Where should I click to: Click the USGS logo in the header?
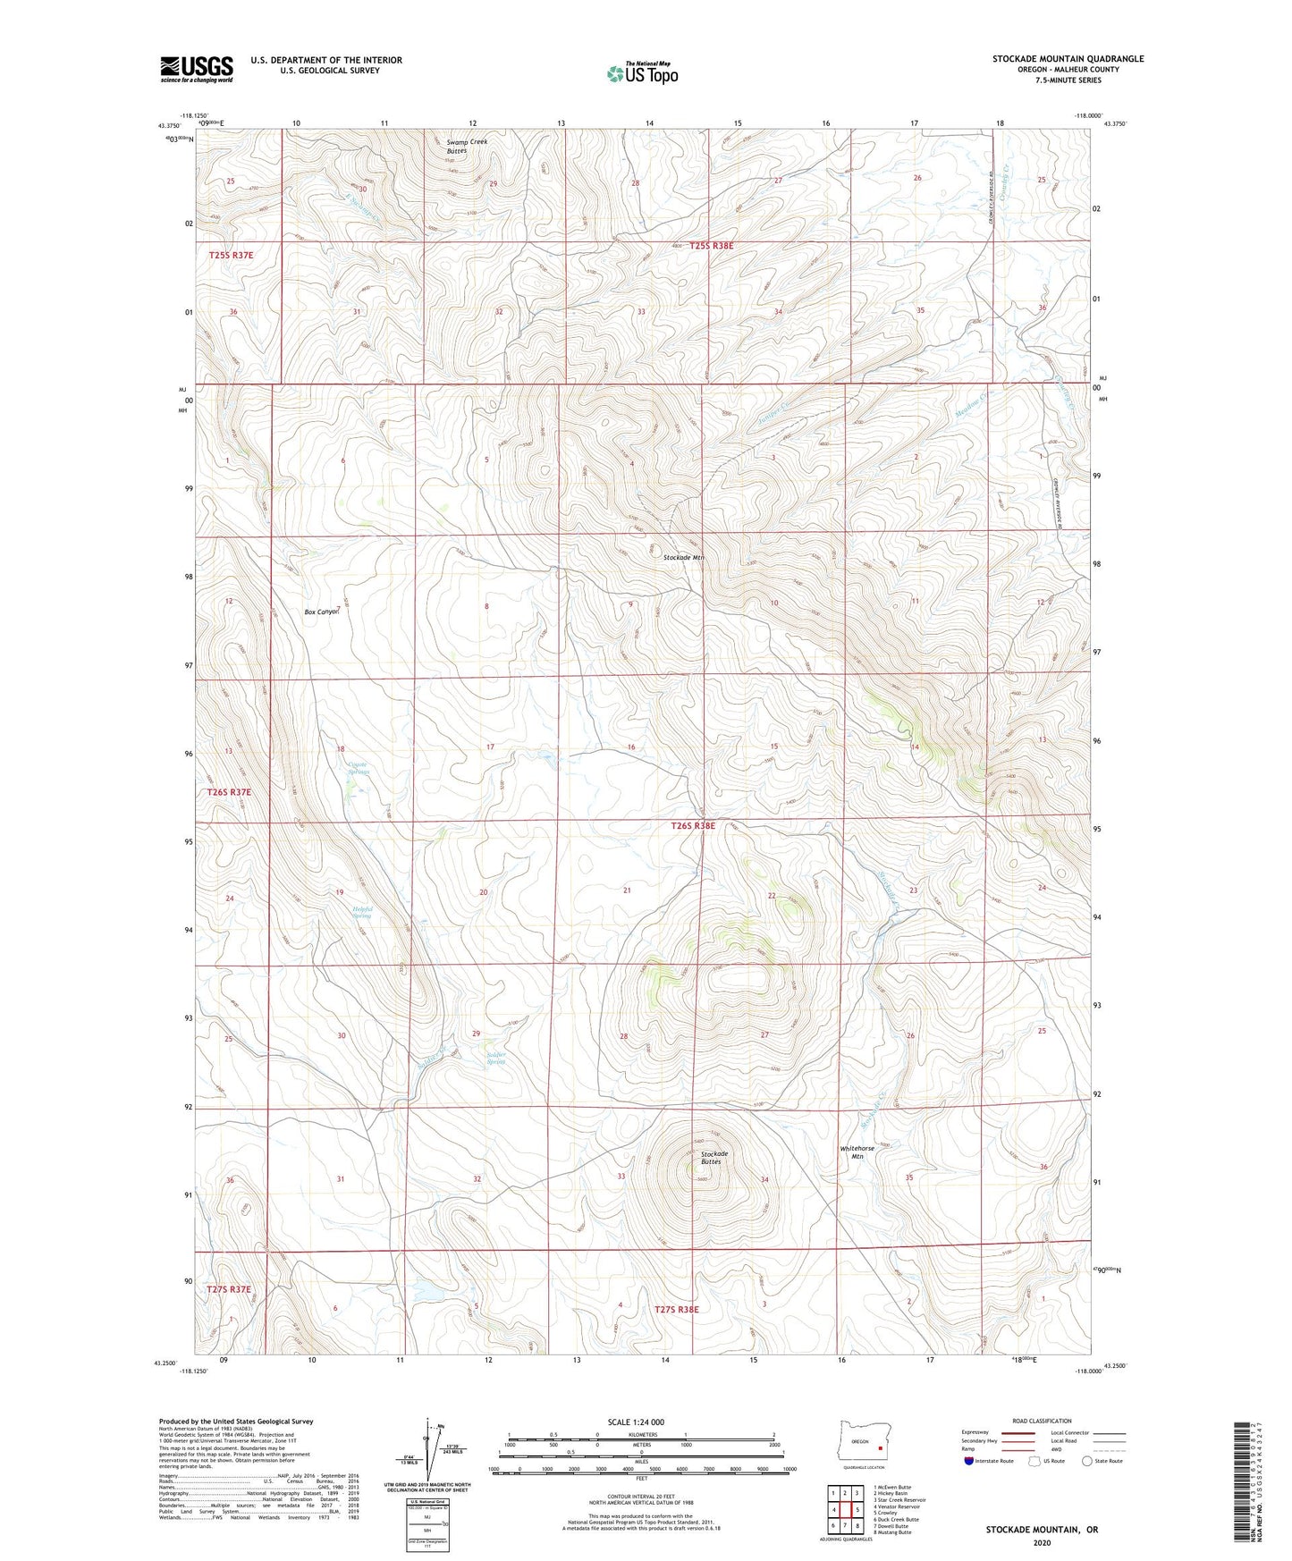point(197,69)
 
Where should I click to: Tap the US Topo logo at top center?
point(642,72)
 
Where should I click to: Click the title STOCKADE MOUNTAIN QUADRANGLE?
point(1068,59)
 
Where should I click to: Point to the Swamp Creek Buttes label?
point(467,147)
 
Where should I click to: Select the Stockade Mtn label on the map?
point(684,557)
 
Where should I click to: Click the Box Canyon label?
point(322,612)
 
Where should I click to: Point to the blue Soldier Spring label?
point(496,1059)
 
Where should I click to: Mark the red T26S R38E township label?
point(693,826)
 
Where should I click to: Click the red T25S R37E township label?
point(232,255)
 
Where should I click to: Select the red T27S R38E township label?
point(676,1309)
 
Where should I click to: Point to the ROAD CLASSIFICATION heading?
point(1042,1421)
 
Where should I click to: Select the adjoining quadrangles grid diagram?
point(845,1511)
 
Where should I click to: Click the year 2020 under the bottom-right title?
point(1042,1542)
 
